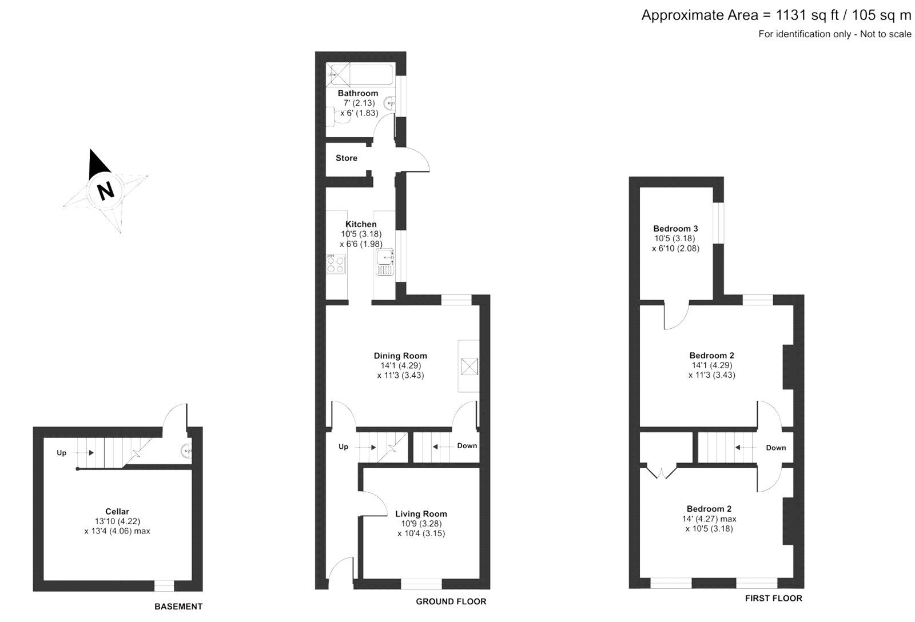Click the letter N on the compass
point(105,190)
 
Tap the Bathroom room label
point(357,93)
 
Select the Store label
point(346,158)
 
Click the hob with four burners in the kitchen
point(336,264)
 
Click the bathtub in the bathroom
point(359,74)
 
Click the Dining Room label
point(400,356)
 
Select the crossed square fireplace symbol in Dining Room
point(469,366)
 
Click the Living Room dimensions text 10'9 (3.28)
point(421,524)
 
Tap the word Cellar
point(117,512)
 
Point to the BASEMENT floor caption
point(178,607)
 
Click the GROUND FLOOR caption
point(451,601)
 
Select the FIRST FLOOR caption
point(773,599)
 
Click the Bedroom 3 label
point(675,229)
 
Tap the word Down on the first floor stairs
point(775,448)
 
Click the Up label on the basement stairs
point(62,453)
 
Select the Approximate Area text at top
point(776,15)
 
